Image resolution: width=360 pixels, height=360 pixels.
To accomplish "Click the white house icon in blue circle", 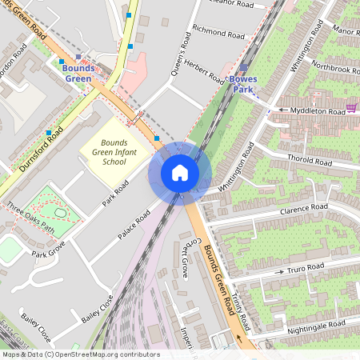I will click(180, 173).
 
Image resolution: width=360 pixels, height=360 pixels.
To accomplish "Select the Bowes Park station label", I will click(244, 85).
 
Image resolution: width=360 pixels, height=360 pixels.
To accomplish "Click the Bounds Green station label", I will click(78, 74).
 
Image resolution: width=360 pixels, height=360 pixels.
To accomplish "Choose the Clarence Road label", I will click(304, 210).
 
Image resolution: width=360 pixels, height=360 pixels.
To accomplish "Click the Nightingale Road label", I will click(318, 323).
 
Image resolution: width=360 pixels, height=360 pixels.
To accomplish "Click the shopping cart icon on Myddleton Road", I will click(350, 107).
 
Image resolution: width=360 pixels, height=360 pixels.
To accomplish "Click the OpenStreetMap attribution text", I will click(80, 354).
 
